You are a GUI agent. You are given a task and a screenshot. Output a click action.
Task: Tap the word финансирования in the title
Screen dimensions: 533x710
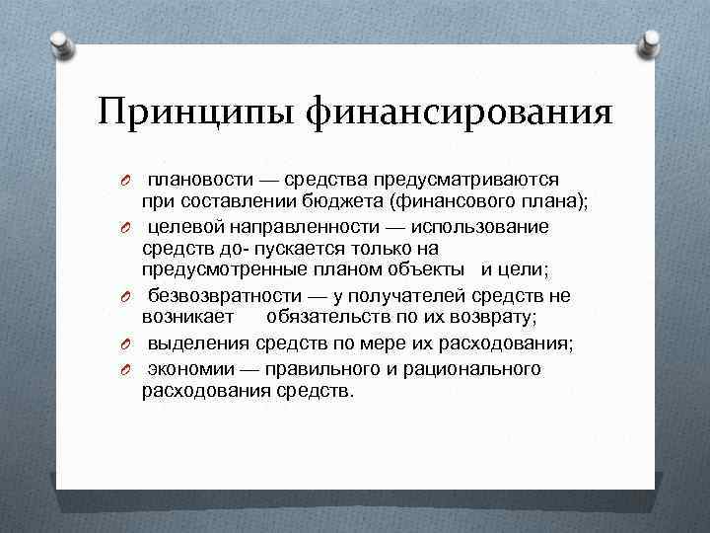(x=460, y=112)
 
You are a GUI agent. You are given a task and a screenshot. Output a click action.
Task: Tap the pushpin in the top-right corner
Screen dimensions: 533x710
(x=651, y=41)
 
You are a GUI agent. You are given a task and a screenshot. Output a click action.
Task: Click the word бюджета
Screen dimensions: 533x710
(x=346, y=202)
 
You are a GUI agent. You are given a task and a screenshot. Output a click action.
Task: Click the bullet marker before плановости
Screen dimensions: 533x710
(x=128, y=181)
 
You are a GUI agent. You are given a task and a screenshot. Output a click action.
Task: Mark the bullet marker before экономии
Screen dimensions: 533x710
(x=128, y=369)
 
